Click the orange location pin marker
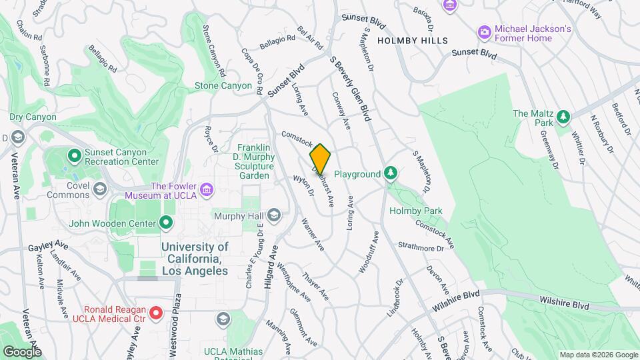coord(321,159)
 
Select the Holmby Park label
coord(417,211)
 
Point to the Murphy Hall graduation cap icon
coord(273,215)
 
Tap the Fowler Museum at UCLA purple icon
coord(207,191)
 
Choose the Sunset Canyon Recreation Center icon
coord(74,156)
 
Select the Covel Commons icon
coord(100,189)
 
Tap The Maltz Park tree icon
coord(564,117)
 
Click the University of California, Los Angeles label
coord(195,259)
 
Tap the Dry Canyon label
coord(33,117)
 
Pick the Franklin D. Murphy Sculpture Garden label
coord(256,161)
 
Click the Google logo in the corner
coord(22,351)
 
